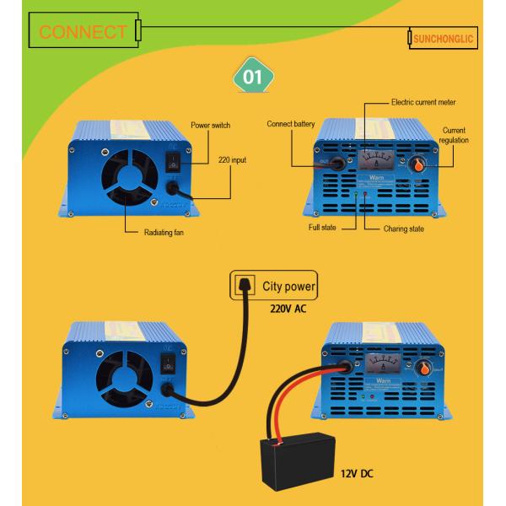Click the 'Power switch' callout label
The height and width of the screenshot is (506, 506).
point(210,126)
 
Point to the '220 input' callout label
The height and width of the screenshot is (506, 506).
point(234,159)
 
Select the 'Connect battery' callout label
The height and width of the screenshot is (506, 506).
point(290,124)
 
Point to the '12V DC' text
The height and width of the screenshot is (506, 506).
point(358,474)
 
